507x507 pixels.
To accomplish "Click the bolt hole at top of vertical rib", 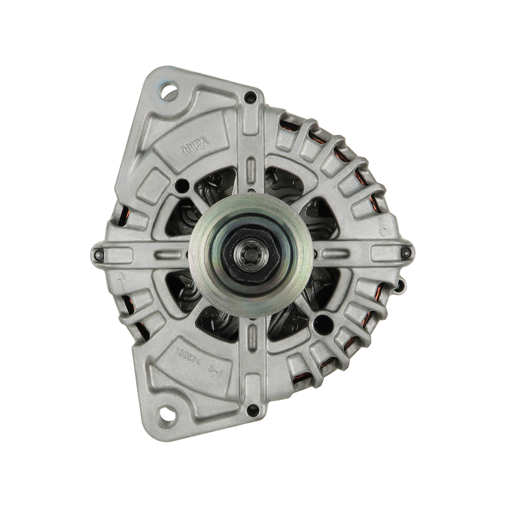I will click(252, 97).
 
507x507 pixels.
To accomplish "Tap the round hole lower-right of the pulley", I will click(322, 321).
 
